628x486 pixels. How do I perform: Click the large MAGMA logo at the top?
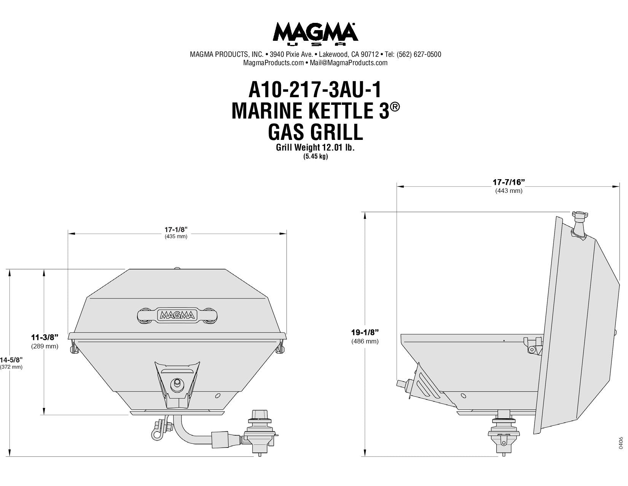pos(315,34)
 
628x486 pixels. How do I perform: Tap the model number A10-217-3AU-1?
pos(315,90)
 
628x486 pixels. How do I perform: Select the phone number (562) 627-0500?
pos(419,55)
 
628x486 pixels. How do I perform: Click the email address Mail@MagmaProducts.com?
pos(349,63)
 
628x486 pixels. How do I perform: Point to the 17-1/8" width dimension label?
pos(176,229)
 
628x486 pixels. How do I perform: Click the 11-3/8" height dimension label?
pos(45,337)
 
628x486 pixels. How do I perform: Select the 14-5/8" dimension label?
pos(11,360)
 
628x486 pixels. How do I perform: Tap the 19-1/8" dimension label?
pos(365,332)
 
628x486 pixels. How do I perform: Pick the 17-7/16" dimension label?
pos(508,182)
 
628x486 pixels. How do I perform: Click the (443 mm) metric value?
pos(508,191)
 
